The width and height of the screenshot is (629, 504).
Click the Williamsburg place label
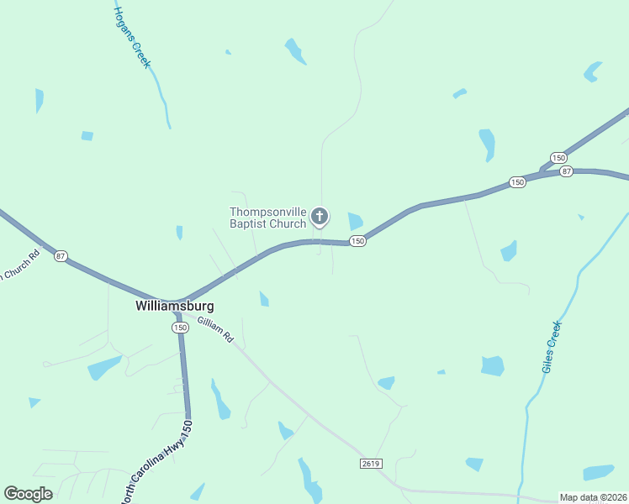[175, 307]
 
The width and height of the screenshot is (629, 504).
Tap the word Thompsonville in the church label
[268, 212]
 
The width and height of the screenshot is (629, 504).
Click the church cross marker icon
[320, 217]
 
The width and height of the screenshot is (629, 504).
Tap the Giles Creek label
[552, 347]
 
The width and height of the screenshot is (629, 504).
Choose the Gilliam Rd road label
[215, 328]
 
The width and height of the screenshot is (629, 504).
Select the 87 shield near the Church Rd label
[61, 255]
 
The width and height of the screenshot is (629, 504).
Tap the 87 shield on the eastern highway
[566, 171]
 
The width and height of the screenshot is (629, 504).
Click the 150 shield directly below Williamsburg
[180, 328]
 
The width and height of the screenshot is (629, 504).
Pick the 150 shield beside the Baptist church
[357, 241]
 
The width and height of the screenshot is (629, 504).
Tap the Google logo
[29, 494]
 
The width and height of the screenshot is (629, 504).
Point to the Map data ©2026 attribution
[593, 497]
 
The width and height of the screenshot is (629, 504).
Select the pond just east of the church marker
[356, 222]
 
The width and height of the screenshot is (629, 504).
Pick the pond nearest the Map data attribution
[599, 473]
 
